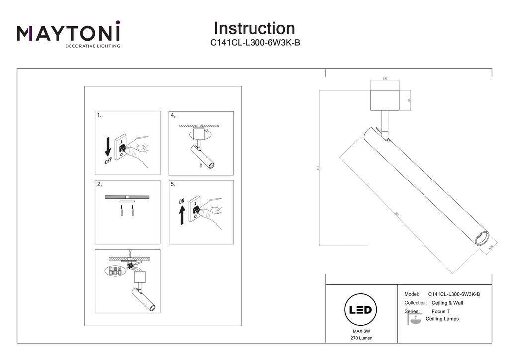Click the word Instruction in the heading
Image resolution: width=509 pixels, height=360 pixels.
coord(254,28)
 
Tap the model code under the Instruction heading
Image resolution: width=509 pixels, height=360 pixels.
coord(255,43)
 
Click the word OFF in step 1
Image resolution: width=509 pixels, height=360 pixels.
coord(109,162)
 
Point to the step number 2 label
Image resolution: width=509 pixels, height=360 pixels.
coord(99,184)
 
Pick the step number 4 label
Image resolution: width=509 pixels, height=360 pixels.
coord(173,115)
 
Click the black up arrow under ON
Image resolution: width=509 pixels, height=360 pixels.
coord(182,215)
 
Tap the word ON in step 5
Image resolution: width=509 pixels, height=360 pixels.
coord(181,201)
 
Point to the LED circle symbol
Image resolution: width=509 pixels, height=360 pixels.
coord(360,310)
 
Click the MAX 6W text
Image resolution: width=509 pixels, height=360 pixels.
coord(361,331)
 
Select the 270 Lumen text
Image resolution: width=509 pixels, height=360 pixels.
coord(361,338)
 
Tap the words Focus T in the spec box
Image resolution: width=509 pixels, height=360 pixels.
coord(441,311)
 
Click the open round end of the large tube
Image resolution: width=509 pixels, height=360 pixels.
coord(481,239)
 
